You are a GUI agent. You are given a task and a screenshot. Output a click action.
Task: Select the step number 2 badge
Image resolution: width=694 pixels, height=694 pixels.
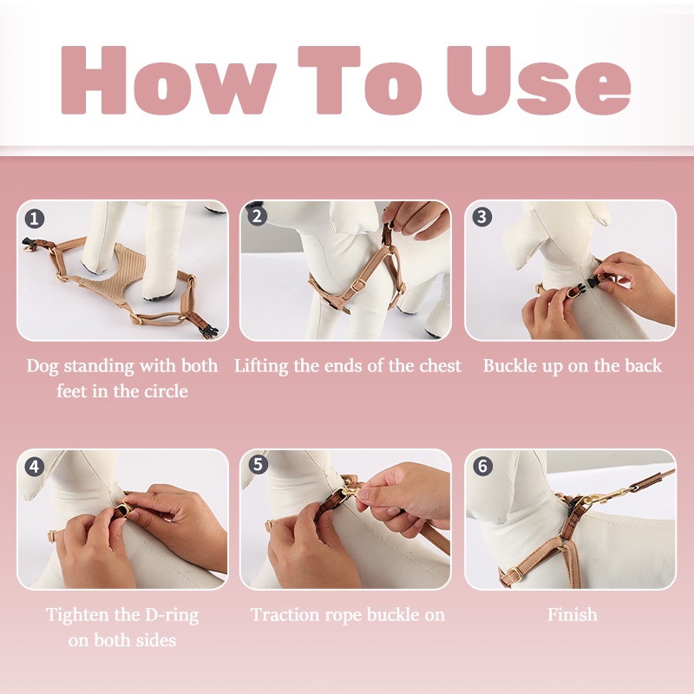(x=257, y=217)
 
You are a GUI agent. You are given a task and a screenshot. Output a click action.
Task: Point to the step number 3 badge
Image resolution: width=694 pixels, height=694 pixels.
(x=482, y=217)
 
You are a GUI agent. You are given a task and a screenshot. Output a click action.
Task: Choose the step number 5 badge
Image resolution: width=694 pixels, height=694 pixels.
(x=257, y=466)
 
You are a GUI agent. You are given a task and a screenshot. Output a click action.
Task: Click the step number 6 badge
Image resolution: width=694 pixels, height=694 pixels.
(x=482, y=466)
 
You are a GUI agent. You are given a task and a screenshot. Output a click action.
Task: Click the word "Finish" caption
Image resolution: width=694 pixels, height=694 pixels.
(x=572, y=615)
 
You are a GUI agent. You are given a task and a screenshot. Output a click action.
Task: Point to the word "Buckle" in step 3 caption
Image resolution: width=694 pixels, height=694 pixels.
(x=509, y=365)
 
